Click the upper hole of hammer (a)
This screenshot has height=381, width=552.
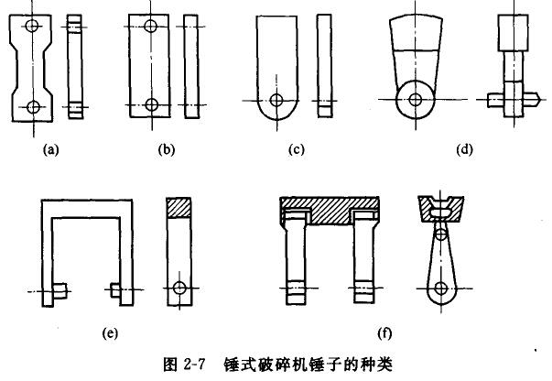point(33,28)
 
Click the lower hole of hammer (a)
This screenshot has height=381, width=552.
point(33,107)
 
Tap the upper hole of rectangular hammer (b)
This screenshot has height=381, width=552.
point(152,27)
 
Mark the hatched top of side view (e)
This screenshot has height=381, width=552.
point(179,207)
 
